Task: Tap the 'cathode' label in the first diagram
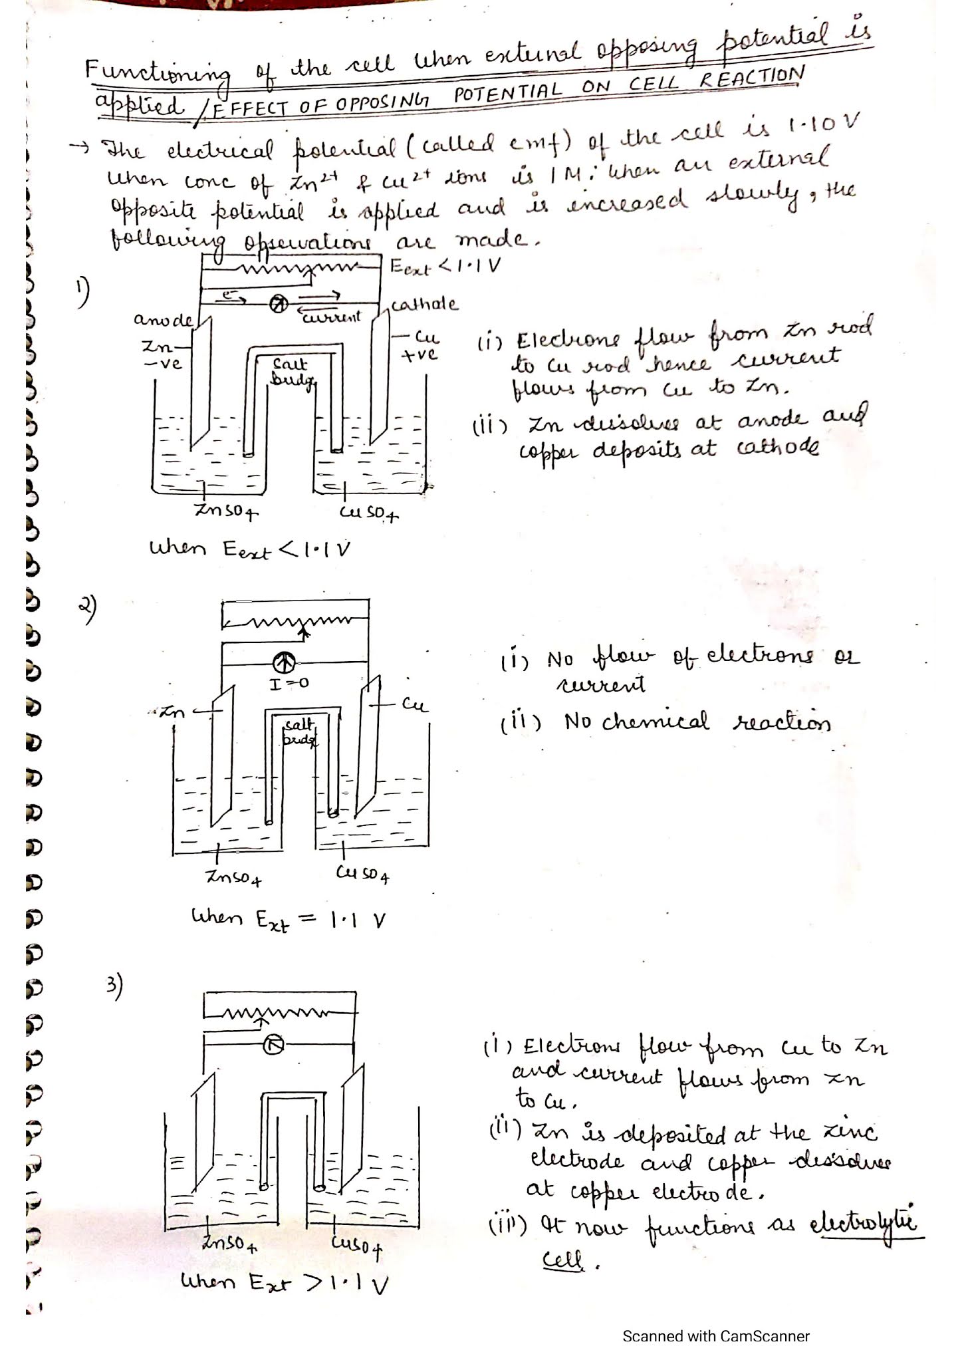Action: pos(424,305)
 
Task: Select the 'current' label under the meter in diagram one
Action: pos(331,317)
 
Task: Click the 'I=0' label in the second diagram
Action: pos(289,683)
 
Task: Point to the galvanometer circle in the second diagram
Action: pos(285,662)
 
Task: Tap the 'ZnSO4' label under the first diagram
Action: pos(226,511)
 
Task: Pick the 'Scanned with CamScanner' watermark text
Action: pos(715,1336)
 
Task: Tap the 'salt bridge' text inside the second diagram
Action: pos(299,732)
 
